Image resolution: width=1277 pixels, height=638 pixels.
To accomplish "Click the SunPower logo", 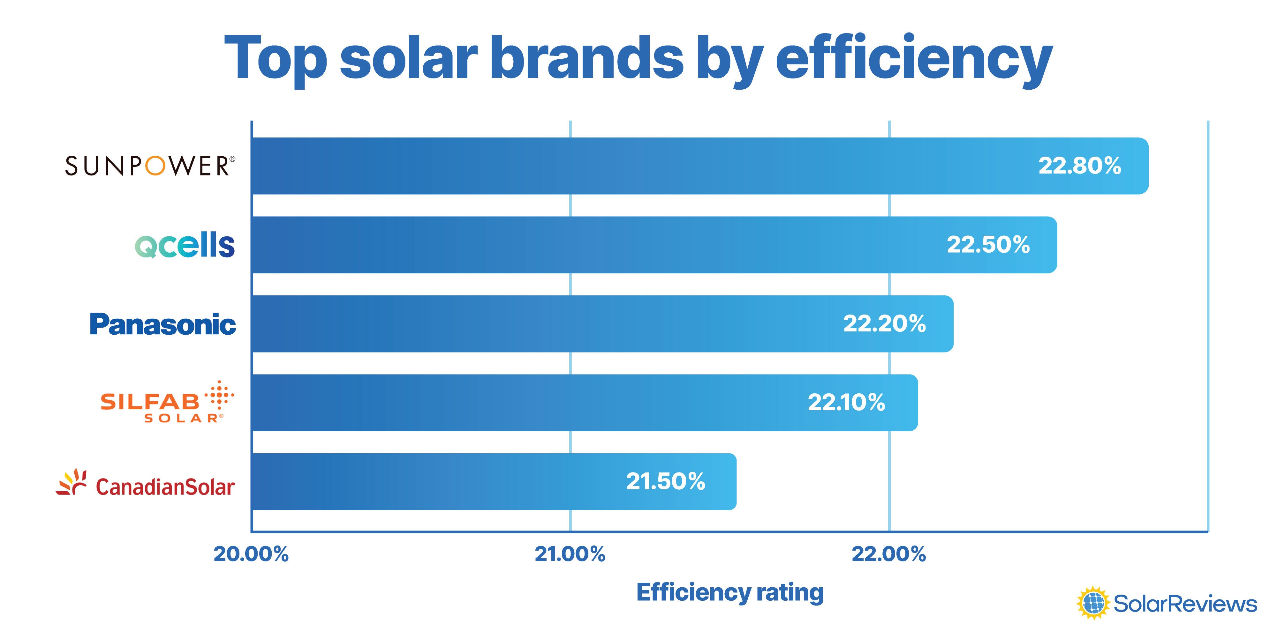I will [150, 166].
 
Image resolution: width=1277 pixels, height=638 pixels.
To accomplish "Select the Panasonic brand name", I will [162, 324].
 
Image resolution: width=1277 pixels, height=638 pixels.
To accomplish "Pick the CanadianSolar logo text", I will [165, 487].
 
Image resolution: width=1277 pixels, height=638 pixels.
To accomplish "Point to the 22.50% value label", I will [988, 245].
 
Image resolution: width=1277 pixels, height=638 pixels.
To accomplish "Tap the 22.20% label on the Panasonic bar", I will [884, 324].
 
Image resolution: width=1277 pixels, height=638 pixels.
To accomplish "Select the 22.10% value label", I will [846, 402].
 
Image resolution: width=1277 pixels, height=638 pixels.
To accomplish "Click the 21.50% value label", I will [665, 481].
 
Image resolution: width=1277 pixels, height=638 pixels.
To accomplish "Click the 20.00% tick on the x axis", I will [251, 554].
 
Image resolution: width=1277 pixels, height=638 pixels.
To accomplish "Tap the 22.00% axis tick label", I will [888, 554].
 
